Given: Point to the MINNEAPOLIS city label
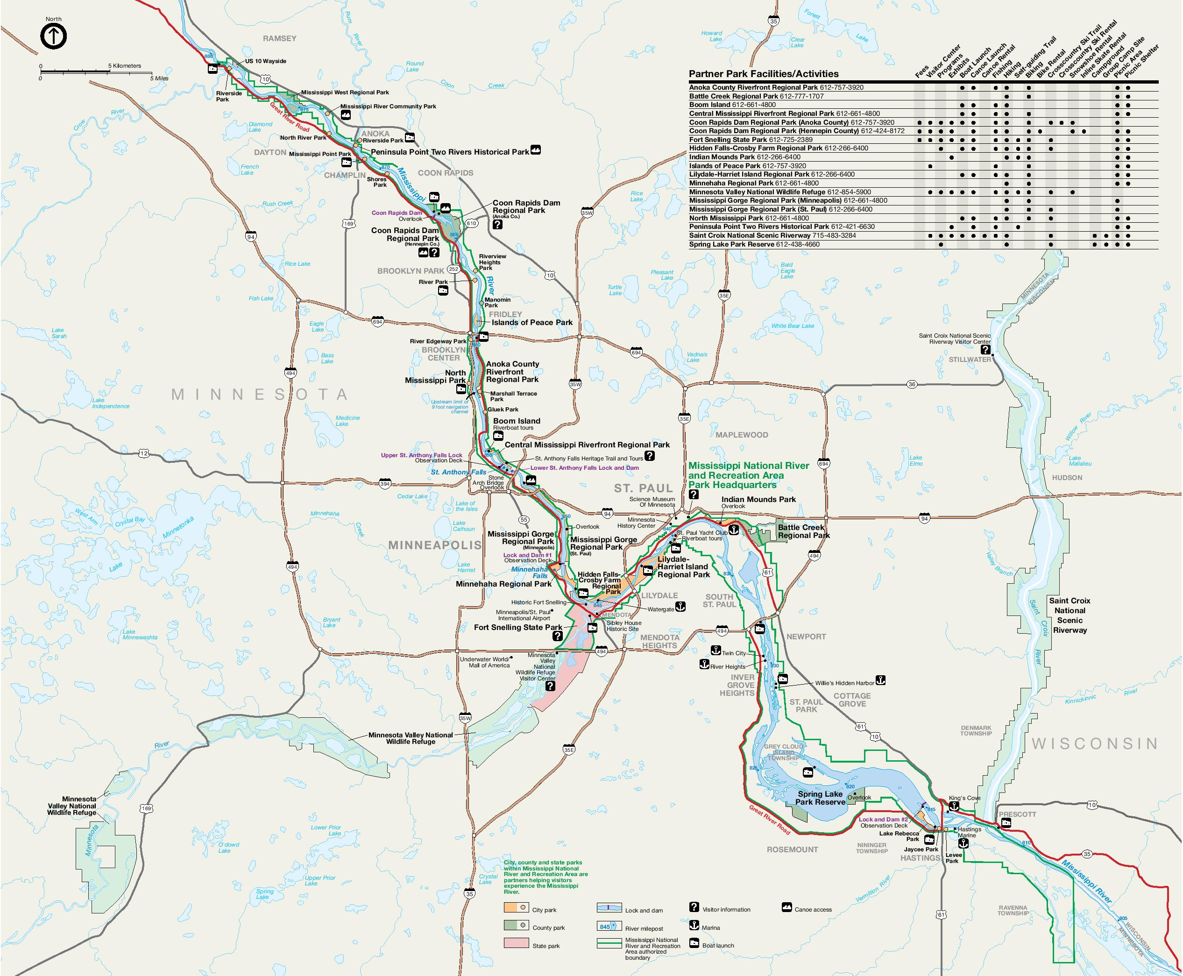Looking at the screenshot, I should [435, 545].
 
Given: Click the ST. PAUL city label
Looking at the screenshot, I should [643, 488].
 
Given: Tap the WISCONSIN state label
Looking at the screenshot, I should [1094, 744].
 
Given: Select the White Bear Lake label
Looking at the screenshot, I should [792, 326].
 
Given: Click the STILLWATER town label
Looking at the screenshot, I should [970, 359].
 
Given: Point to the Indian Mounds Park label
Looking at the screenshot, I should [758, 499].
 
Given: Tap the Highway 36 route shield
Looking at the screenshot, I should [912, 384].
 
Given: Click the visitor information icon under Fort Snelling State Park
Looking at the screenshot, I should [557, 636].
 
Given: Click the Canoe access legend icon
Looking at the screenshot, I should [786, 908].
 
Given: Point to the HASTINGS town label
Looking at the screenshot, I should [920, 857].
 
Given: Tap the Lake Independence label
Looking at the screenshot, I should [110, 403].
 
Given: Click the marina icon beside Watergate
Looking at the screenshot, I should [680, 607].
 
